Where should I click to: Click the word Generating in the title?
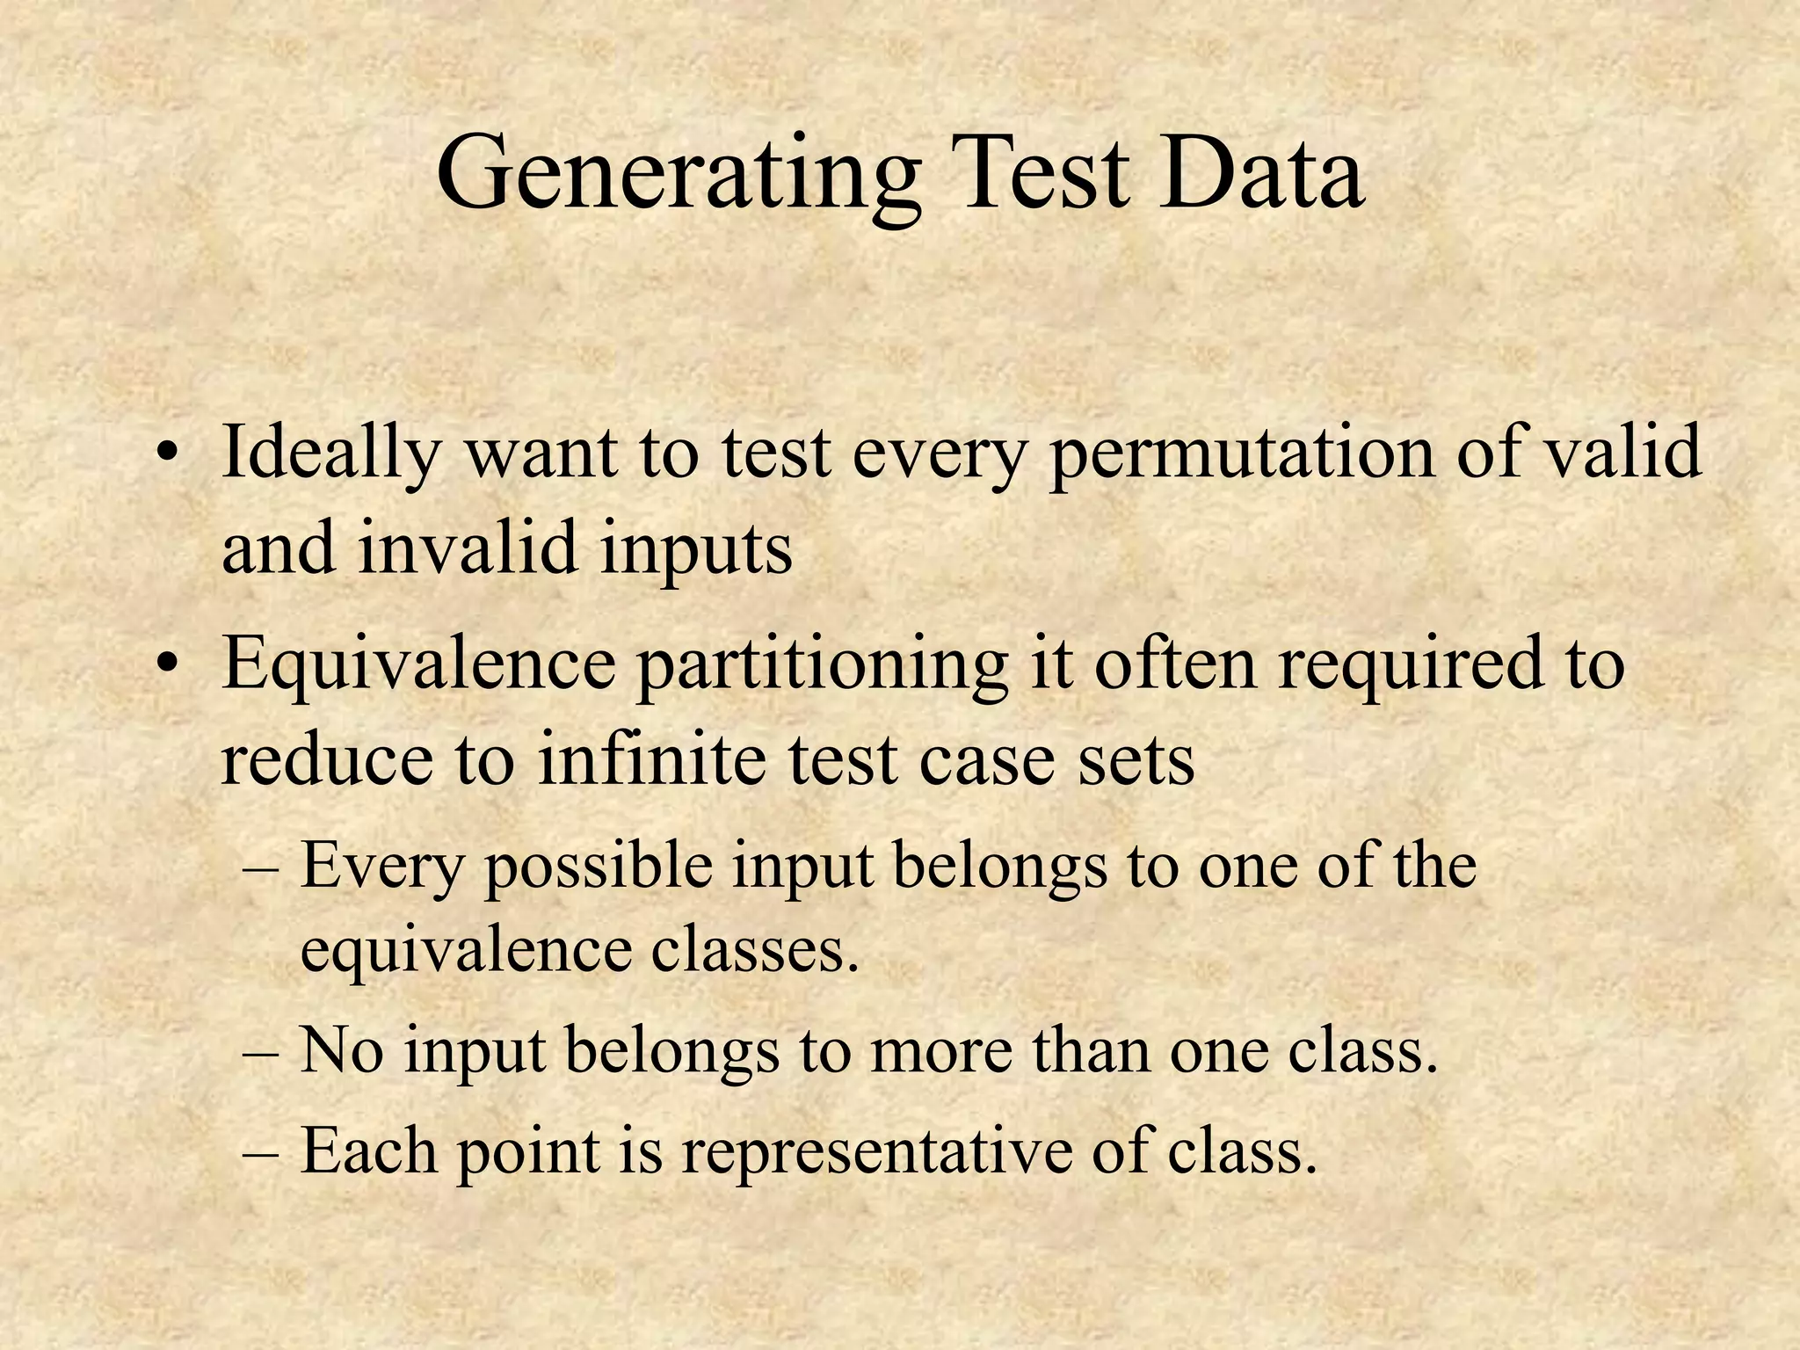pos(678,176)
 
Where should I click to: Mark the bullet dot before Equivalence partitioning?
pos(167,666)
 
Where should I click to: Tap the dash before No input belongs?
pos(260,1052)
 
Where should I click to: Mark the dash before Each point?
pos(260,1152)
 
